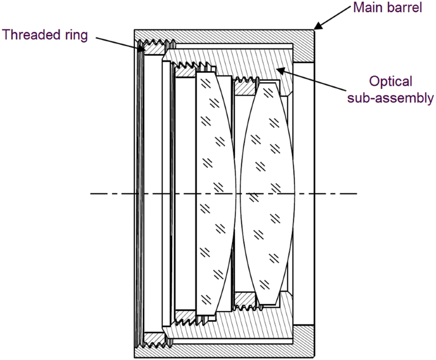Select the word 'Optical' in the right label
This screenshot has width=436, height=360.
(392, 82)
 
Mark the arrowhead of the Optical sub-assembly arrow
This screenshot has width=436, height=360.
(277, 69)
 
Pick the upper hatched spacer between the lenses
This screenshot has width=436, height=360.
(244, 86)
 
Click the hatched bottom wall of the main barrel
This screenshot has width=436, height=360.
(222, 351)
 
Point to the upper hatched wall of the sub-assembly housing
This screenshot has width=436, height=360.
(261, 64)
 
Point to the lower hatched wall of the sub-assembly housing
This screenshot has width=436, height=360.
(261, 322)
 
